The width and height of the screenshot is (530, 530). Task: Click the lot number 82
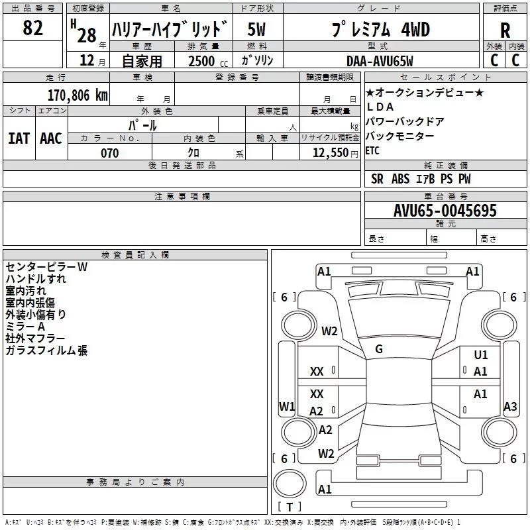(x=32, y=27)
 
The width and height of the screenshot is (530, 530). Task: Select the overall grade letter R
(x=505, y=30)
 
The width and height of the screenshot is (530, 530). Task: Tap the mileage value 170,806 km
(x=78, y=95)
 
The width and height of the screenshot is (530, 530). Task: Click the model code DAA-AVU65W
(x=380, y=61)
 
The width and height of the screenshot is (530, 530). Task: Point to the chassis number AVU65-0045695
(x=445, y=211)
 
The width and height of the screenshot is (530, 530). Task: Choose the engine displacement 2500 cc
(x=208, y=61)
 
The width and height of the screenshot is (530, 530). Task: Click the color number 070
(x=110, y=153)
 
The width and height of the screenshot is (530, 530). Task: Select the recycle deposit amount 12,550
(x=330, y=153)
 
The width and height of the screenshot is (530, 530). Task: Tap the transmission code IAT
(x=19, y=138)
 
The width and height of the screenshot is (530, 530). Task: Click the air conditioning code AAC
(x=51, y=138)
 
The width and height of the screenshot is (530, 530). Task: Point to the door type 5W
(x=256, y=29)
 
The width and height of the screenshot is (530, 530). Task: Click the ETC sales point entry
(x=372, y=151)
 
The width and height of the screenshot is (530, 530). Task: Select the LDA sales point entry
(x=380, y=107)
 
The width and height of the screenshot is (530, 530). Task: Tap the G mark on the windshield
(x=379, y=349)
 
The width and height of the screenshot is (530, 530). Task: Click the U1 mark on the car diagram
(x=481, y=354)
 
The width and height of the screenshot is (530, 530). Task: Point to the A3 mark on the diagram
(x=510, y=406)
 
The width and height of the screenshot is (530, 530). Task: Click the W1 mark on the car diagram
(x=287, y=406)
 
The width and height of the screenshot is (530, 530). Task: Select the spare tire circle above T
(x=290, y=484)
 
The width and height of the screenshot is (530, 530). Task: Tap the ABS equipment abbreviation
(x=400, y=179)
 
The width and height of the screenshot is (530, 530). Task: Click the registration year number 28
(x=87, y=35)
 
